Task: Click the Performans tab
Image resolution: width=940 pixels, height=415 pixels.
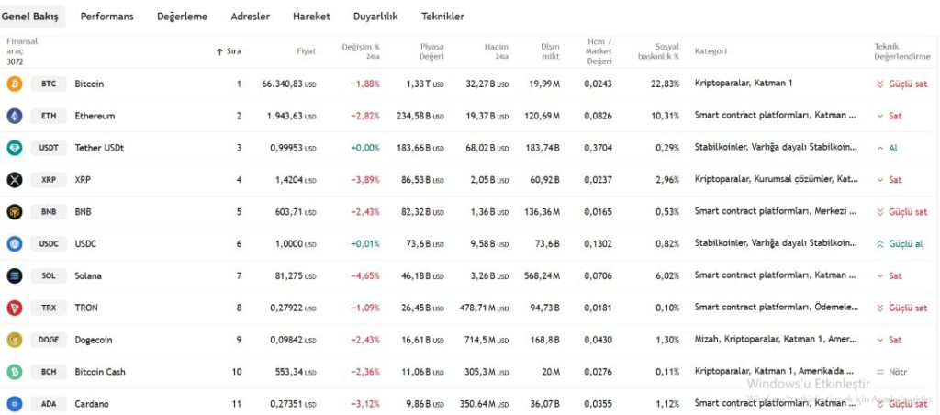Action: pyautogui.click(x=106, y=17)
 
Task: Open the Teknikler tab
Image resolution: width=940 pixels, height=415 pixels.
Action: pyautogui.click(x=442, y=17)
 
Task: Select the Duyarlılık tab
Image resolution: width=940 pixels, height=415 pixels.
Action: pyautogui.click(x=375, y=17)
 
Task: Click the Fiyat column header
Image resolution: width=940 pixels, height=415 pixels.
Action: pyautogui.click(x=306, y=50)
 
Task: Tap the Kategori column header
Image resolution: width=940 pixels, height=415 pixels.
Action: pyautogui.click(x=711, y=50)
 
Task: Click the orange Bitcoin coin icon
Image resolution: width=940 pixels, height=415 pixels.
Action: pyautogui.click(x=14, y=84)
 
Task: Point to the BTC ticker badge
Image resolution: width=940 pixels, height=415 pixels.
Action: pyautogui.click(x=49, y=84)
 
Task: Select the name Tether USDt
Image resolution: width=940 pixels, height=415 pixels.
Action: pyautogui.click(x=99, y=148)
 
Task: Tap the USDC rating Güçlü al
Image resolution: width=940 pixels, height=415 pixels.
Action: pyautogui.click(x=905, y=244)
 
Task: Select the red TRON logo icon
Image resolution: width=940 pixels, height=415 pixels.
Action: pyautogui.click(x=14, y=308)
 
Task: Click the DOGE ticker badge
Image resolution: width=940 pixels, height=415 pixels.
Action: pyautogui.click(x=49, y=340)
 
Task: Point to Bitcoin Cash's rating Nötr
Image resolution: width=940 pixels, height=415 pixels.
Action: pyautogui.click(x=900, y=372)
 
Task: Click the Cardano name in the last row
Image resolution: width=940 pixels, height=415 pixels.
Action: pyautogui.click(x=91, y=404)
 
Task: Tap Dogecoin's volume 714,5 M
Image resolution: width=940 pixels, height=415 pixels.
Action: pyautogui.click(x=484, y=340)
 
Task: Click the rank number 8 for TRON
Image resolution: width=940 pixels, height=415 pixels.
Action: pyautogui.click(x=239, y=308)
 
